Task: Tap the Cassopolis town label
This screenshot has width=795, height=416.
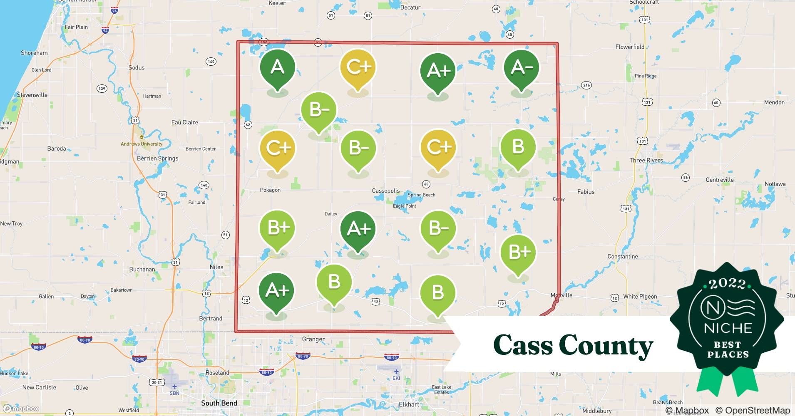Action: click(385, 191)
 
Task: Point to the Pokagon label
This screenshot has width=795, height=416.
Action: click(270, 190)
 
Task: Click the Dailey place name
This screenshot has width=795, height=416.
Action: click(331, 214)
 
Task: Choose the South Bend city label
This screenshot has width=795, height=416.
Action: click(219, 403)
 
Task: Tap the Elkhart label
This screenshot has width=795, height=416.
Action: click(409, 404)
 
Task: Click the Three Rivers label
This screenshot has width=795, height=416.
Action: click(646, 160)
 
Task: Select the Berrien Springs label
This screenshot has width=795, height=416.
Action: click(157, 158)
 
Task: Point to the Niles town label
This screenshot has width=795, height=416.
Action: click(216, 267)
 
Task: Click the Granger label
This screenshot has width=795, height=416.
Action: click(313, 339)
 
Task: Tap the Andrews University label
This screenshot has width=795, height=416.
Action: click(142, 144)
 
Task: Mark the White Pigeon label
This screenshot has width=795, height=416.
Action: click(640, 297)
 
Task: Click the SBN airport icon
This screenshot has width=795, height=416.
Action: click(174, 386)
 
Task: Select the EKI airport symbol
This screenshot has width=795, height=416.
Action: click(396, 371)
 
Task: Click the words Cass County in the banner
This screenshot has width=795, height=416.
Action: click(573, 345)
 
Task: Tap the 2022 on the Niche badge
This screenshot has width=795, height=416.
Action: click(727, 284)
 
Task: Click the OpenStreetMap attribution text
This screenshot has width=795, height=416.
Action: click(753, 410)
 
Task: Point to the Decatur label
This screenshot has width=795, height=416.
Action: click(410, 7)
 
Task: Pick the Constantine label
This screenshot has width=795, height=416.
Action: click(622, 257)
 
